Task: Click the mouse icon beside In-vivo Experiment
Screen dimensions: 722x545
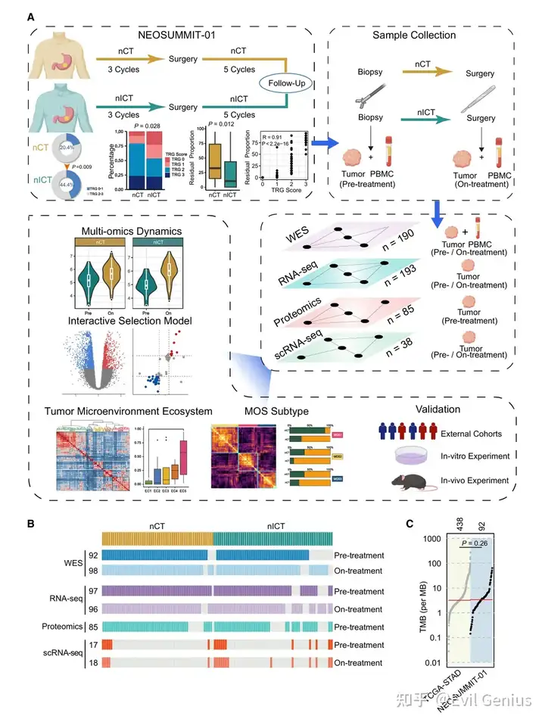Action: pos(404,482)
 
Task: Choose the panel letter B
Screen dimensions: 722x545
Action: pos(30,523)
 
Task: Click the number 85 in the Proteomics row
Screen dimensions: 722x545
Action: pos(90,627)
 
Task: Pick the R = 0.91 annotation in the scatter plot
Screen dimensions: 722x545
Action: pos(274,138)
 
